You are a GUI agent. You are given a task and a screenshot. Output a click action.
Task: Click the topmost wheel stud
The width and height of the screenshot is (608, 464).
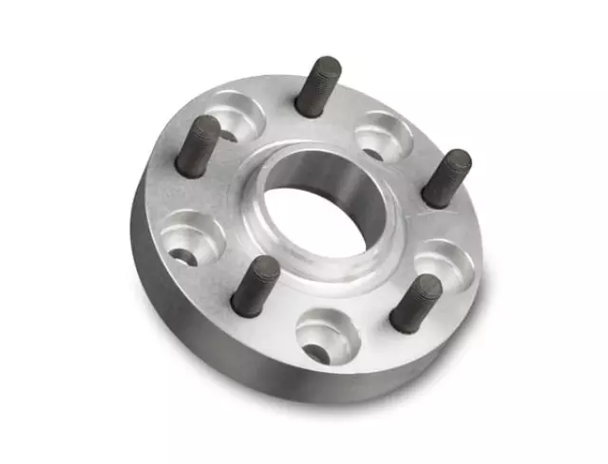pos(317,86)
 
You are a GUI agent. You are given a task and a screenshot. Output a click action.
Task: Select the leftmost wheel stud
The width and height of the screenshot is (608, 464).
pos(199,146)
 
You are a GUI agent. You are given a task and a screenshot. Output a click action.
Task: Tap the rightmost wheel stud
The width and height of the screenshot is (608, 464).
pos(446,178)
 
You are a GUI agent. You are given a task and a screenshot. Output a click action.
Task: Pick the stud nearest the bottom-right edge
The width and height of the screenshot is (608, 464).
pos(415,304)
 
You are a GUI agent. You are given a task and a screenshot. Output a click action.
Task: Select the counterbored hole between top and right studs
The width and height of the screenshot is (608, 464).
pos(384,136)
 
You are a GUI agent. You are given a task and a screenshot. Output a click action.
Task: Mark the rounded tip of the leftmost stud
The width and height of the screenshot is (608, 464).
pos(206,126)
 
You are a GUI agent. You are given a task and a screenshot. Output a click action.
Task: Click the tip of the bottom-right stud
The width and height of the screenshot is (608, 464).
pos(428,285)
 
